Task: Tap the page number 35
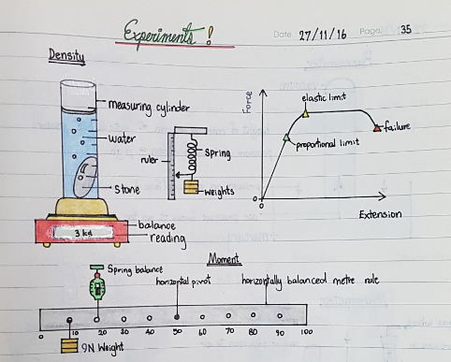(405, 30)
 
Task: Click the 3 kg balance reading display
(81, 231)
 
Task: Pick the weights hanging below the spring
(192, 188)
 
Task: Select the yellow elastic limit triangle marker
(305, 114)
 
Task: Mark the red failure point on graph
(376, 127)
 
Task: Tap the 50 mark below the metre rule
(176, 332)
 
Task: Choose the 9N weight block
(68, 346)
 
